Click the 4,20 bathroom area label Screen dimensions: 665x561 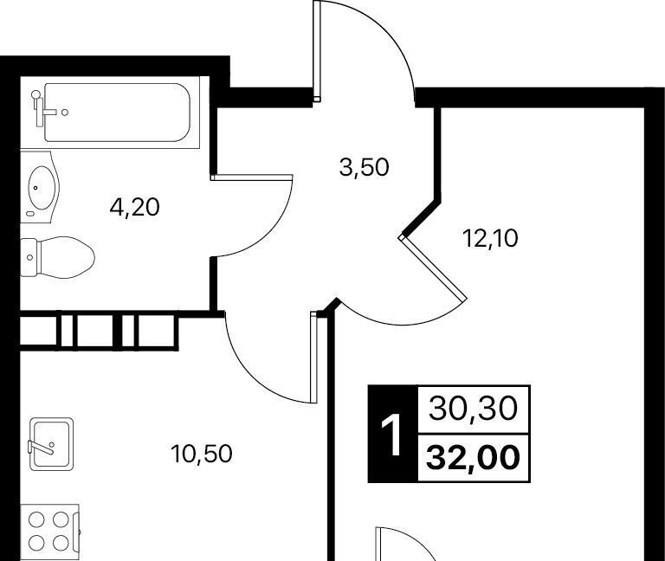[134, 208]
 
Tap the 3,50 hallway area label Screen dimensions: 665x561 [364, 167]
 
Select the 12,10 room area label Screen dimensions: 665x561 [491, 239]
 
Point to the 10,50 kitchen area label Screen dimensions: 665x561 [202, 454]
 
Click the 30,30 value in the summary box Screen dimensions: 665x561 [474, 409]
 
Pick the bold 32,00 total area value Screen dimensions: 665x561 [474, 458]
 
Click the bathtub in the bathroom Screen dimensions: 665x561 [117, 113]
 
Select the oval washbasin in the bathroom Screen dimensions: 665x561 [42, 187]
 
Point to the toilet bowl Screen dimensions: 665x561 [66, 257]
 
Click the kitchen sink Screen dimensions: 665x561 [51, 444]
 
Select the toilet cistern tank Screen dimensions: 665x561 [29, 257]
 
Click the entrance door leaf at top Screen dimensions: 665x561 [316, 51]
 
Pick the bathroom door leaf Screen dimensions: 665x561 [252, 177]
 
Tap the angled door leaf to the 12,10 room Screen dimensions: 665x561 [433, 268]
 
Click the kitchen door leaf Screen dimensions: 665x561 [313, 357]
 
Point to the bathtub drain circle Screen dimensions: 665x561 [64, 113]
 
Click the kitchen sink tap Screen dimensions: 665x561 [42, 447]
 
